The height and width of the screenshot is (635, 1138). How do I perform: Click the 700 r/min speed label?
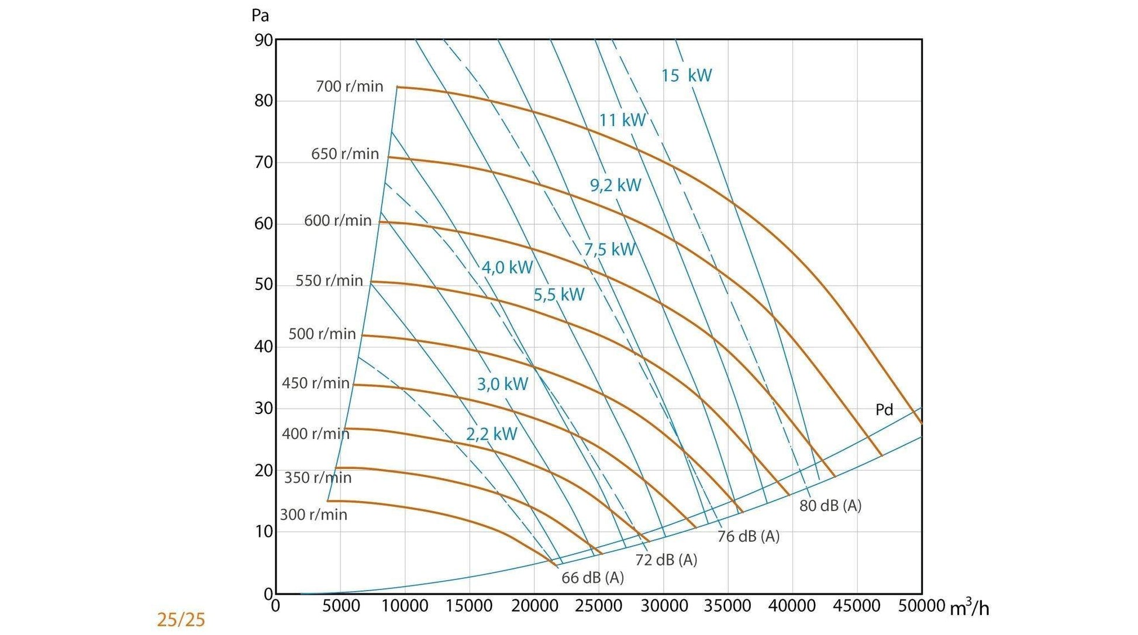349,87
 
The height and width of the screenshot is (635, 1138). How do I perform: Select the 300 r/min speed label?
313,515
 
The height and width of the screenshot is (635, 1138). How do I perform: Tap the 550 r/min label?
329,281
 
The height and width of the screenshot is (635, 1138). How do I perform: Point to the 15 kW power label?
687,75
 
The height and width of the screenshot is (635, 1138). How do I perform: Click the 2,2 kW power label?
491,434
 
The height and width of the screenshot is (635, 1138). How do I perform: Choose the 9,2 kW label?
615,185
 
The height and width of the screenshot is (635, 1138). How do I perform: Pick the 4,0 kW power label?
507,268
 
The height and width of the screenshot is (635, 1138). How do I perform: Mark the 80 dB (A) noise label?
830,506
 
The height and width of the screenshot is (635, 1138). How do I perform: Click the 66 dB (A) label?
592,578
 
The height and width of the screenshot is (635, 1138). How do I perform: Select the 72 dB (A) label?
666,560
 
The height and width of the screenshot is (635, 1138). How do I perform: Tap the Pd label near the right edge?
884,410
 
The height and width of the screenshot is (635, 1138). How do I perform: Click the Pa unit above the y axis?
260,15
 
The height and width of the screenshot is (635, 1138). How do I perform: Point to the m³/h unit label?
969,608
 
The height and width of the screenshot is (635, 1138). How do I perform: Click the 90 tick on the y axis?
263,40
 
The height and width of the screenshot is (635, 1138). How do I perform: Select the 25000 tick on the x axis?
598,606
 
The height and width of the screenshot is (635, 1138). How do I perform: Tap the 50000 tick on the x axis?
921,606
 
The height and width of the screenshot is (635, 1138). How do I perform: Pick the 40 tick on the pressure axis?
263,347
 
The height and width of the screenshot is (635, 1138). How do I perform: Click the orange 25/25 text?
181,620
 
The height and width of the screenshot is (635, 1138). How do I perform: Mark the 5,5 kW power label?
558,295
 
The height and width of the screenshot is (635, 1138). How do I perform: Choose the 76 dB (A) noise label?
748,536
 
